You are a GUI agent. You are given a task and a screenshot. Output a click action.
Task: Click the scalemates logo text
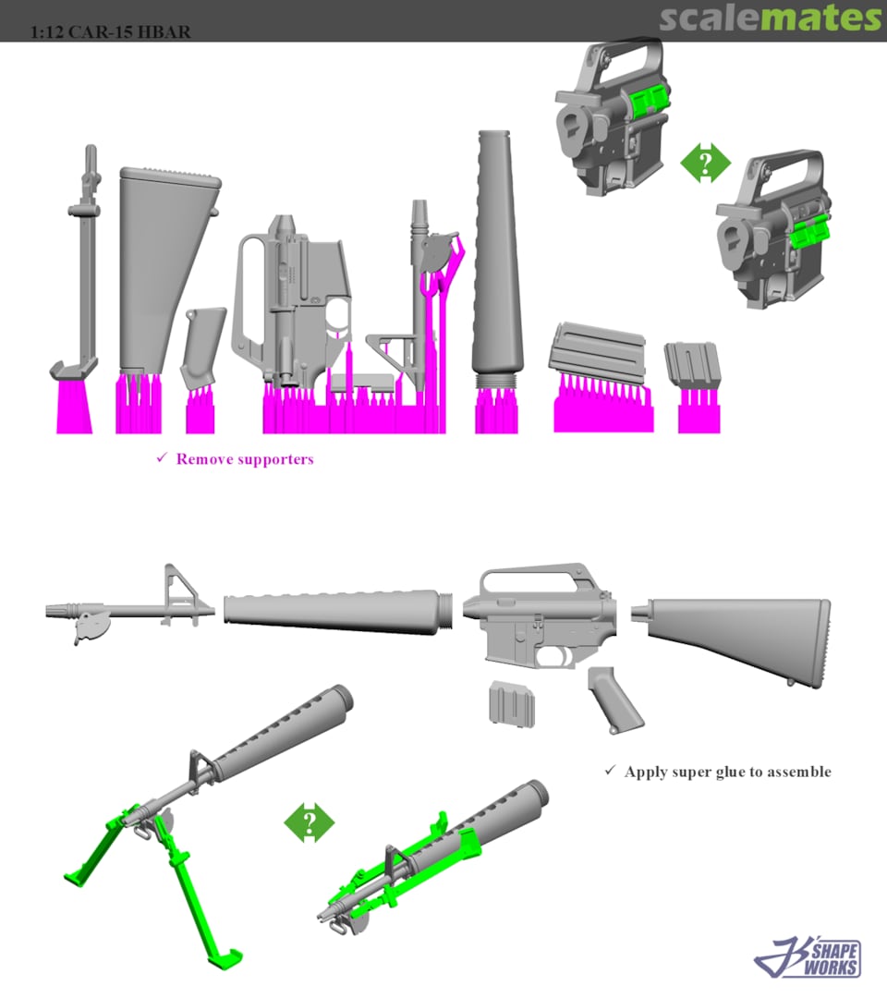[x=770, y=18]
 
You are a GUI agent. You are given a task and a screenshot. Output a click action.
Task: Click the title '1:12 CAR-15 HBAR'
[x=110, y=31]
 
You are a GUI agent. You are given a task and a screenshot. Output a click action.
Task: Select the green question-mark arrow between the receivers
[x=705, y=164]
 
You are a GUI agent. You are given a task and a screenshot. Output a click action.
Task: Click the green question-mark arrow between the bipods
[x=309, y=822]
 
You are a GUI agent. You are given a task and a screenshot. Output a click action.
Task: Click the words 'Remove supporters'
[x=244, y=458]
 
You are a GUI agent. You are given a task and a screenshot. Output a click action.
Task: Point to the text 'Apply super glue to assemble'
[x=727, y=771]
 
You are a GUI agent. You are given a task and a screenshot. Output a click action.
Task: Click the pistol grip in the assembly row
[x=614, y=699]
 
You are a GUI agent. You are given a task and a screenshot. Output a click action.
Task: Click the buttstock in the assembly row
[x=739, y=638]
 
